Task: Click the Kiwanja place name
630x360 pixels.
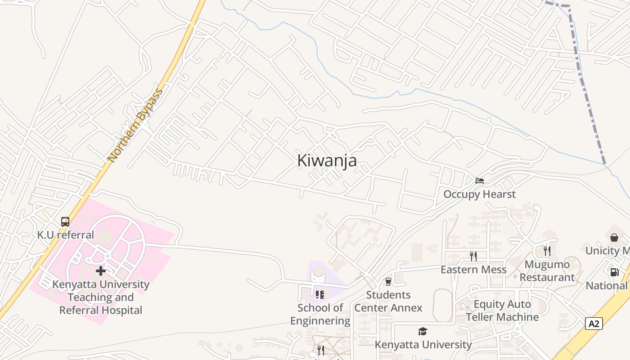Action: click(x=327, y=161)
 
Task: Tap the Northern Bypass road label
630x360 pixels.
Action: click(x=135, y=126)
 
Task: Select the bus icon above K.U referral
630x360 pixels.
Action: click(x=65, y=222)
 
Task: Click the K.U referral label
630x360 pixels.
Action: click(x=66, y=235)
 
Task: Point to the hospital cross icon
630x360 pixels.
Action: click(x=101, y=271)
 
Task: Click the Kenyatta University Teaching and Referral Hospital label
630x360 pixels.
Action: click(x=101, y=297)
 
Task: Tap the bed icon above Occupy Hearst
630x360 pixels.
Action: click(x=480, y=181)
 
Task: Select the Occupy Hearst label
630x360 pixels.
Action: click(x=480, y=194)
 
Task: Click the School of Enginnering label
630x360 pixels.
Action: click(x=320, y=314)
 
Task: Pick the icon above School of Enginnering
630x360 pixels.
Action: click(x=320, y=295)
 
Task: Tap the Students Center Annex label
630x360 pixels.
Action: click(x=388, y=301)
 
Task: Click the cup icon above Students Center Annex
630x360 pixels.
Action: click(x=388, y=282)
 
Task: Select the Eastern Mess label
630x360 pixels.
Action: click(x=473, y=270)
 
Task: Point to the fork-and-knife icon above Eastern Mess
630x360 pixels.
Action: click(x=473, y=256)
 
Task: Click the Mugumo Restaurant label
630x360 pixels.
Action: click(x=547, y=271)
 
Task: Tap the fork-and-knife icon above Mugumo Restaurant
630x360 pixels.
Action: click(x=547, y=251)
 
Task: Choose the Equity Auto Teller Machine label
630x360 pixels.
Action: click(x=502, y=310)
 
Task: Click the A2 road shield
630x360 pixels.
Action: click(x=594, y=324)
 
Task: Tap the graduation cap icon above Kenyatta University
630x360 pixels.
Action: click(x=423, y=332)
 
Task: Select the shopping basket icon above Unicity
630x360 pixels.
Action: click(x=614, y=237)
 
